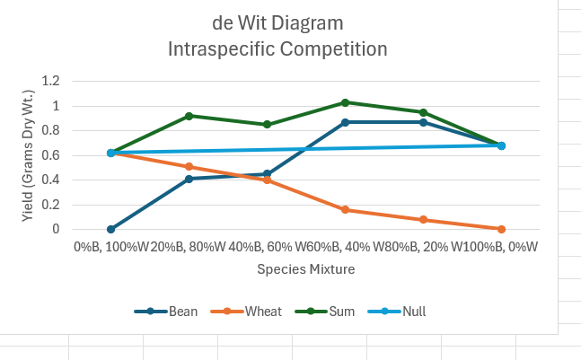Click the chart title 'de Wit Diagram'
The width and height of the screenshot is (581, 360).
pyautogui.click(x=277, y=23)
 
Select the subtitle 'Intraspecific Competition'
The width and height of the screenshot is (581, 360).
pyautogui.click(x=277, y=48)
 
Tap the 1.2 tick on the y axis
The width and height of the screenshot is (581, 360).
pyautogui.click(x=50, y=81)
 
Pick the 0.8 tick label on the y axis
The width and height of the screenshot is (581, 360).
pyautogui.click(x=50, y=130)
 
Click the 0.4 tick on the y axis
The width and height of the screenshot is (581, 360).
pyautogui.click(x=50, y=180)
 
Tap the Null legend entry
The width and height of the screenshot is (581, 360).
pyautogui.click(x=404, y=312)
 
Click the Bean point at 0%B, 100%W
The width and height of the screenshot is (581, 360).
pyautogui.click(x=110, y=229)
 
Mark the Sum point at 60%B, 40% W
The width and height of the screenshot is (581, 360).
pyautogui.click(x=345, y=102)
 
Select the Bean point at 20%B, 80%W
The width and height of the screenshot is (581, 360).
pyautogui.click(x=189, y=179)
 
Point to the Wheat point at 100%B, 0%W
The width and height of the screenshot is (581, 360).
pyautogui.click(x=501, y=229)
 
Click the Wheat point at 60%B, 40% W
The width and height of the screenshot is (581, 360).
pyautogui.click(x=345, y=209)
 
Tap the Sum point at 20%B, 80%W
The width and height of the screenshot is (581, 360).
pyautogui.click(x=189, y=116)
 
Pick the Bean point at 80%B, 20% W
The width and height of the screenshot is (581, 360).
pyautogui.click(x=423, y=122)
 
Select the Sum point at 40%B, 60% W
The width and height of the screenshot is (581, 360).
pyautogui.click(x=267, y=124)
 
